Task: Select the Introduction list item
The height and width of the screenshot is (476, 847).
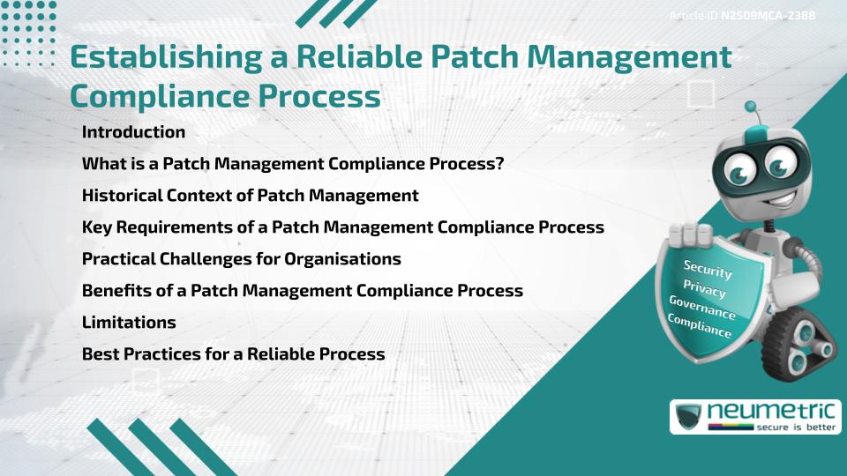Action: tap(133, 132)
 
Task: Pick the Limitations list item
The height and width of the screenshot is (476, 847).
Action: tap(129, 323)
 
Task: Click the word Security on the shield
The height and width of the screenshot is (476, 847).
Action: tap(708, 270)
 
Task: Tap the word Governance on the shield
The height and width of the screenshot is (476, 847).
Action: tap(701, 308)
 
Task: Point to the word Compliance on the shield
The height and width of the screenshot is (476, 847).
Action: tap(700, 326)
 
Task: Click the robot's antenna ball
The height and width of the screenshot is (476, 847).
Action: tap(752, 107)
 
